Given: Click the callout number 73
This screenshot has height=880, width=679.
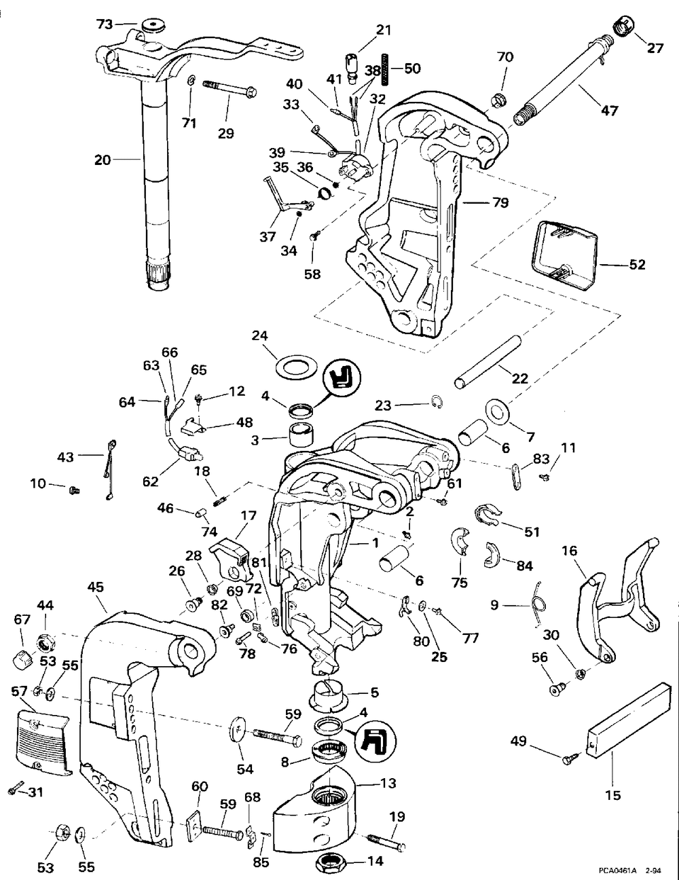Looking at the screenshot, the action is (104, 24).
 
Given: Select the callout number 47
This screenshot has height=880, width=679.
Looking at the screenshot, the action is (610, 110).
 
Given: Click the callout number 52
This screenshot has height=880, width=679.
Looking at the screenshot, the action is (637, 264).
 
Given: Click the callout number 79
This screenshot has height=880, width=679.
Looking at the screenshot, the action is (500, 202).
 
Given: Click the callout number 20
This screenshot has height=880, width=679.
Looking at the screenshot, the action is (102, 160).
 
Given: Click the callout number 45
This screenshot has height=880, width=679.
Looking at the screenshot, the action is (95, 587).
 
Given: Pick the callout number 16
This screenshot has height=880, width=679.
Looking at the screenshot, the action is (569, 551).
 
